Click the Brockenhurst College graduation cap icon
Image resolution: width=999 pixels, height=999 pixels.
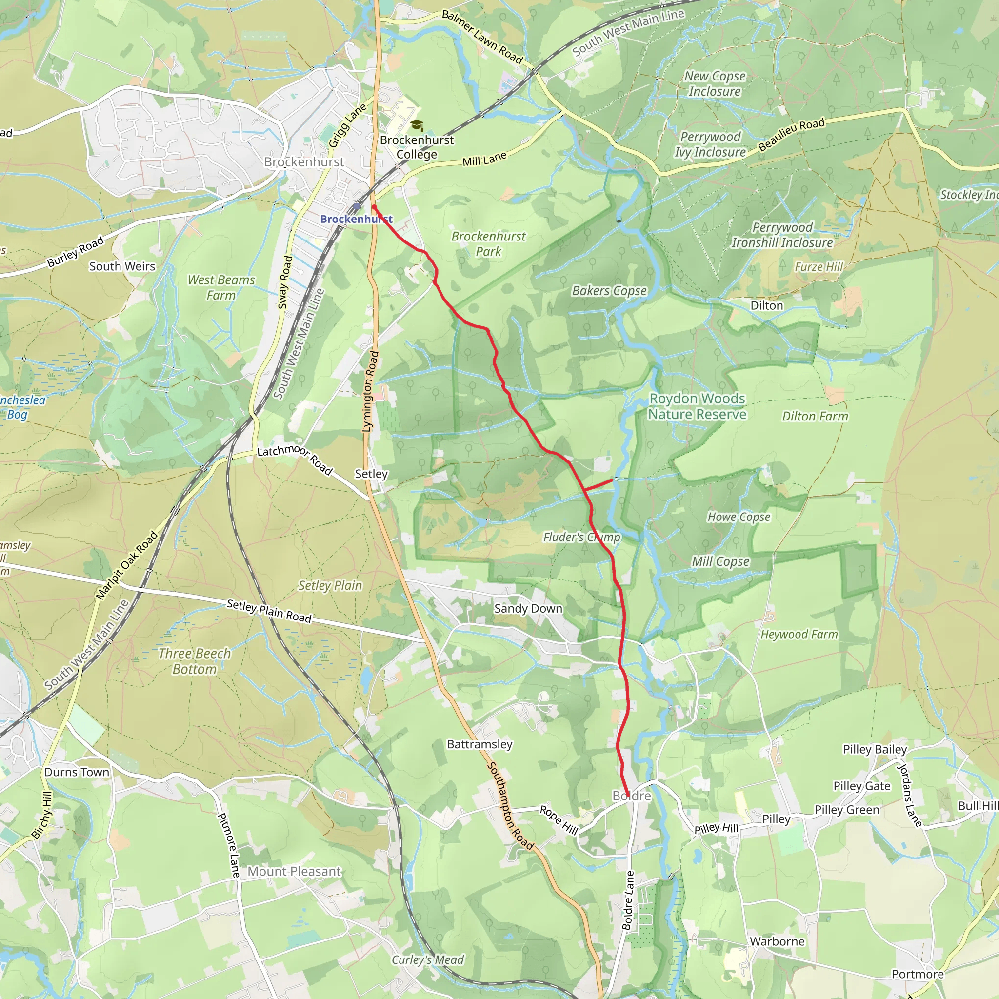click(x=417, y=126)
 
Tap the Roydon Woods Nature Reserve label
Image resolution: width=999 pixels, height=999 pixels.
click(x=697, y=406)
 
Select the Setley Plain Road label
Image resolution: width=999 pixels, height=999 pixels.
click(x=269, y=611)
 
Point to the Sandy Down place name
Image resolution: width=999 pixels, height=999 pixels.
click(x=528, y=609)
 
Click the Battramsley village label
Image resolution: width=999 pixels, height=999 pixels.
click(x=480, y=744)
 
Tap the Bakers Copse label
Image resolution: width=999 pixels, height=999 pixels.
click(x=609, y=291)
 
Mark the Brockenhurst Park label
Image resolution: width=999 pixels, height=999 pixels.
click(x=488, y=244)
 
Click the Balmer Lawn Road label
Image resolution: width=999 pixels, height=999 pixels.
click(x=482, y=37)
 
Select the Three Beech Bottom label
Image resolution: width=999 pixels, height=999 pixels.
click(x=195, y=661)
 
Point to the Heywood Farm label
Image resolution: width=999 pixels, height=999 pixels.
click(x=799, y=635)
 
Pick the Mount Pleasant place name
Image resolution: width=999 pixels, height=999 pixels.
click(x=294, y=871)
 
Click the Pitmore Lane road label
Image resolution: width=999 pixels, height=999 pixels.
click(x=229, y=845)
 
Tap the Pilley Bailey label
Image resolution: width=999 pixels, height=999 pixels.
click(x=875, y=749)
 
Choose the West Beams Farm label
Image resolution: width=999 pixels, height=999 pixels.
click(x=221, y=287)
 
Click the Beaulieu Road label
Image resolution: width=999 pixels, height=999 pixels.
click(x=791, y=135)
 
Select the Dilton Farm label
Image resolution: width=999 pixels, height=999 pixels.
click(x=815, y=417)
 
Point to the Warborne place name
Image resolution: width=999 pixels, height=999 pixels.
click(x=777, y=941)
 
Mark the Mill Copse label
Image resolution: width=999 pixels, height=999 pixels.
click(x=720, y=561)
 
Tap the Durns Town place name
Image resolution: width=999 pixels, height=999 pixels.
click(x=77, y=772)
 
